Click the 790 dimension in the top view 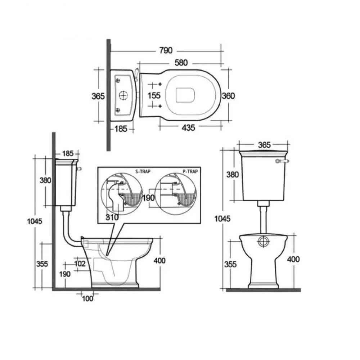(x=166, y=50)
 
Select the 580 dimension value (x=181, y=63)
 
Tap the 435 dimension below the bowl (x=188, y=128)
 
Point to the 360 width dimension (x=229, y=96)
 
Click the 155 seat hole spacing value (x=154, y=95)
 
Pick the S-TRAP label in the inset (x=143, y=171)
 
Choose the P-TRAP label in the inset (x=190, y=171)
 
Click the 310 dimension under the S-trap (x=112, y=217)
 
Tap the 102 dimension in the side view (x=80, y=264)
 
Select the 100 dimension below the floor (x=88, y=298)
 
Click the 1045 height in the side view (x=35, y=221)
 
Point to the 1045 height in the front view (x=222, y=219)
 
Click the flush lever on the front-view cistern (x=282, y=161)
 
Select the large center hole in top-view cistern (x=124, y=95)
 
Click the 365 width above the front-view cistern (x=264, y=145)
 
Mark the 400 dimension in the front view (x=293, y=259)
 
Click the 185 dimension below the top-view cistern (x=121, y=129)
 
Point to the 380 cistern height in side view (x=45, y=180)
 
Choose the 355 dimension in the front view (x=230, y=264)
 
